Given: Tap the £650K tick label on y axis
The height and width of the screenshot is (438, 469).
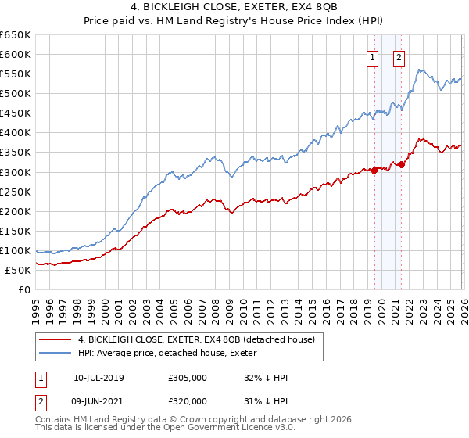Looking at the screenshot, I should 16,35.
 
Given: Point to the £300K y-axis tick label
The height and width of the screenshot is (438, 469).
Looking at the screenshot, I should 16,172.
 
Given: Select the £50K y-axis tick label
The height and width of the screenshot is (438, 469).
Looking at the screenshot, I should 18,270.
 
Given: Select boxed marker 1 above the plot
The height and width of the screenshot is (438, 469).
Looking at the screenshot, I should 372,56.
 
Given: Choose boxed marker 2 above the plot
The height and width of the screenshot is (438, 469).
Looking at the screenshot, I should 399,56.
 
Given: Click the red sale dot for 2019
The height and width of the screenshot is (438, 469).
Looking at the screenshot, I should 374,170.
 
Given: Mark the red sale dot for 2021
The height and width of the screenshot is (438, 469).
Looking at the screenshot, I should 401,164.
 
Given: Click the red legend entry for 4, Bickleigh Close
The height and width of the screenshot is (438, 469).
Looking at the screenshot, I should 195,339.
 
